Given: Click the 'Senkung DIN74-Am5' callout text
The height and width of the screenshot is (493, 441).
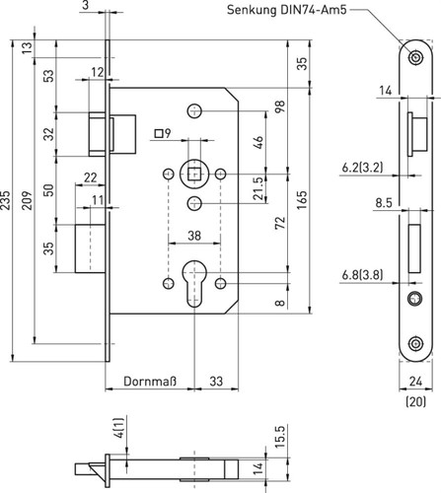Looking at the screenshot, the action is (x=287, y=10).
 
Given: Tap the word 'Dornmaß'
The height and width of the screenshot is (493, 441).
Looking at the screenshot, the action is (x=150, y=382).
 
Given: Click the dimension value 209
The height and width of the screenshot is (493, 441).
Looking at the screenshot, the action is (x=28, y=200).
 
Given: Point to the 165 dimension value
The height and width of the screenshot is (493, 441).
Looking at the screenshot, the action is (x=302, y=200).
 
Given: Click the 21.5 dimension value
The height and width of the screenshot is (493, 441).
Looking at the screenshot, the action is (x=258, y=188).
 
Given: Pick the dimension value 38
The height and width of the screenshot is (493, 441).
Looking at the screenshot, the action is (x=194, y=236).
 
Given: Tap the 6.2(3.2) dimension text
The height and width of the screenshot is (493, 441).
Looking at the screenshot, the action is (x=362, y=168).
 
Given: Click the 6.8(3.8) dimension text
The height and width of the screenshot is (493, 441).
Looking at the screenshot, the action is (x=362, y=275).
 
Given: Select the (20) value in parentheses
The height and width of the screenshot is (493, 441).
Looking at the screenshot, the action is (x=416, y=401).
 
